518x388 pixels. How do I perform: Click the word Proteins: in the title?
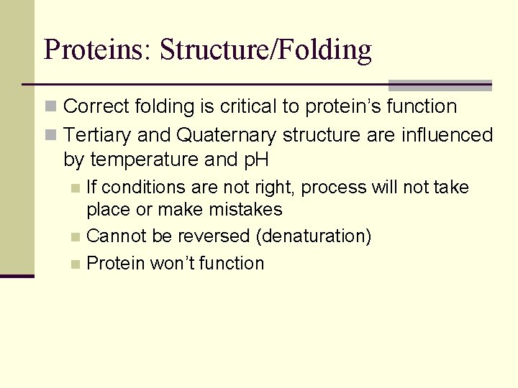pyautogui.click(x=97, y=50)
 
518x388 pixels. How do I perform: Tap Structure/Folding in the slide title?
pyautogui.click(x=265, y=50)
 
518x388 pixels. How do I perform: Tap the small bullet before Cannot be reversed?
pyautogui.click(x=76, y=237)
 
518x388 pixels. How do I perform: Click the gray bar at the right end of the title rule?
pyautogui.click(x=440, y=85)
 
